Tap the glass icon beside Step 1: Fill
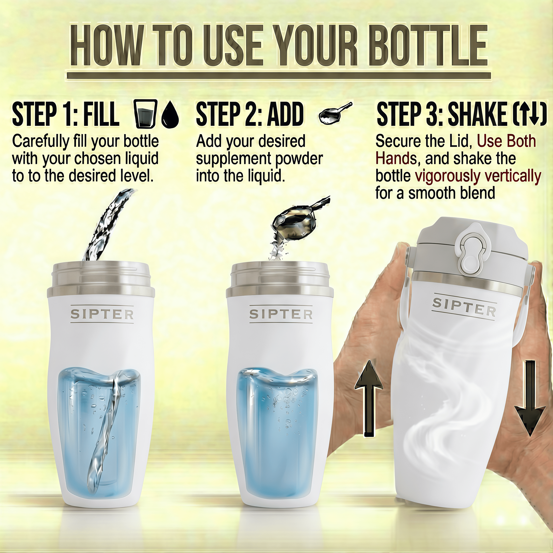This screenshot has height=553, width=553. coord(145,114)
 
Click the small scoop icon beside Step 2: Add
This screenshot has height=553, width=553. coord(334,114)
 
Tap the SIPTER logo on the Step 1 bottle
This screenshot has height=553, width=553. coord(102,315)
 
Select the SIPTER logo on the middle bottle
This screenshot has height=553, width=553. coord(281,315)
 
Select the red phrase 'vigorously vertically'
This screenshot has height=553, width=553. coord(478,176)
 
